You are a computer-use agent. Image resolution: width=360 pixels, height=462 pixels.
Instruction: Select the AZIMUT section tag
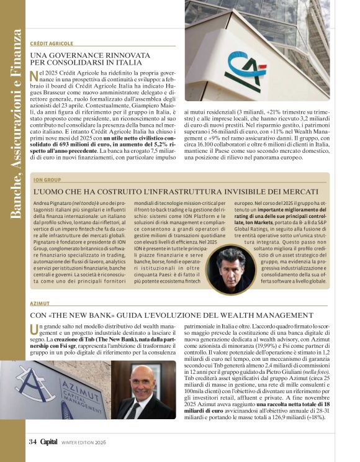(40, 304)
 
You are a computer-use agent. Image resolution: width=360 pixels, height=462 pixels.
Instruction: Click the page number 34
(33, 442)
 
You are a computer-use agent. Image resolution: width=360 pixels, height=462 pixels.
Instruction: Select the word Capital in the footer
(48, 442)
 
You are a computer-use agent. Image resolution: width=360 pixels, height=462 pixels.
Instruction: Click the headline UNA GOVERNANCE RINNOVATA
(90, 55)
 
